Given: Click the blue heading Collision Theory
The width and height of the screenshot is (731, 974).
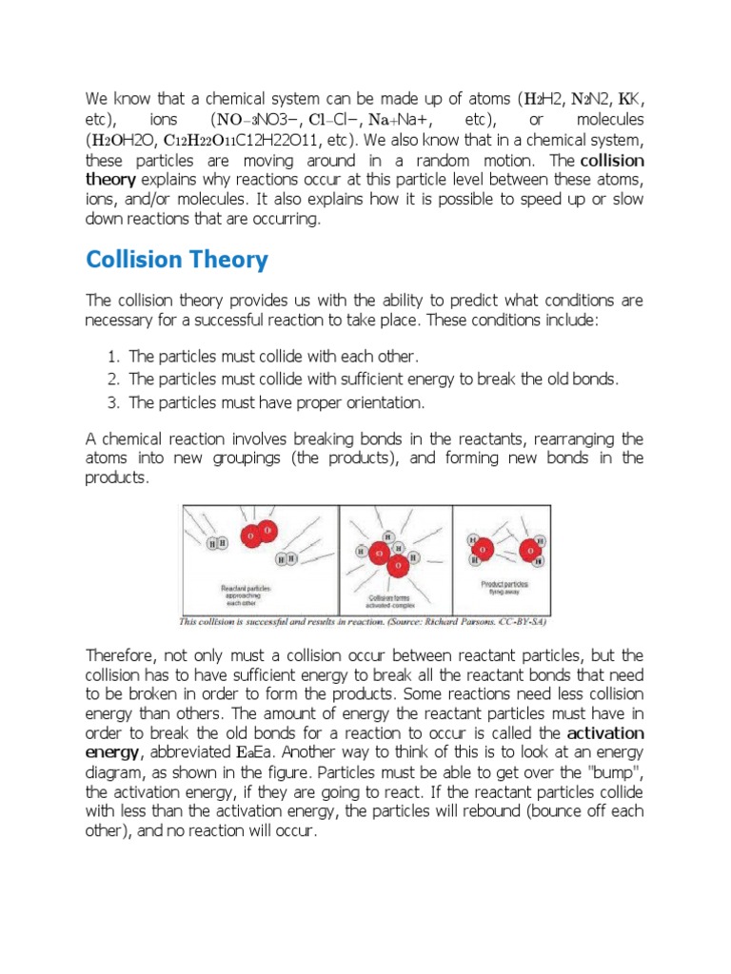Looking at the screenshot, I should coord(177,260).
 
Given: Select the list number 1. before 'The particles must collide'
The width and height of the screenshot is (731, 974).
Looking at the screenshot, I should coord(112,356).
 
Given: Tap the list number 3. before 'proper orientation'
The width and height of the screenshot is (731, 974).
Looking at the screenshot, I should coord(112,402).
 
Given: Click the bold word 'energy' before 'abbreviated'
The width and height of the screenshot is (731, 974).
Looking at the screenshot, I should coord(111,753).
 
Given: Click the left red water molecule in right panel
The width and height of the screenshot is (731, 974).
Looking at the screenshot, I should coord(482,547).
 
